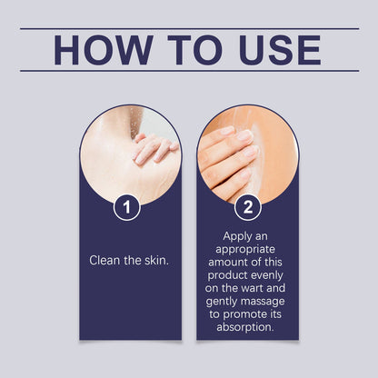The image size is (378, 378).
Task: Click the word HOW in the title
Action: point(104,50)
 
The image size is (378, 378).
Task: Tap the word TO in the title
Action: point(195,50)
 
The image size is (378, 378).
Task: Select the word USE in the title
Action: point(280,50)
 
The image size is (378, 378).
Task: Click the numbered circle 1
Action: point(127,207)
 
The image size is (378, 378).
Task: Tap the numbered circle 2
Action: point(248,207)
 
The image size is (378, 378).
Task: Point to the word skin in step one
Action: point(156,261)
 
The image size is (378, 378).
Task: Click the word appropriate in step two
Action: point(245,250)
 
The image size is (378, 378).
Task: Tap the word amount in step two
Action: point(226,262)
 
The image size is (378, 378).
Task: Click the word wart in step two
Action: point(254,288)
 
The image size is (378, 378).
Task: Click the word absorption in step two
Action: point(245,327)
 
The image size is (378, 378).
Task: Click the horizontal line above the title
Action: point(190,29)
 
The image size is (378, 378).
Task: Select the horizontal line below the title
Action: point(190,71)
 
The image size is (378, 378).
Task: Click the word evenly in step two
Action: point(267,276)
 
